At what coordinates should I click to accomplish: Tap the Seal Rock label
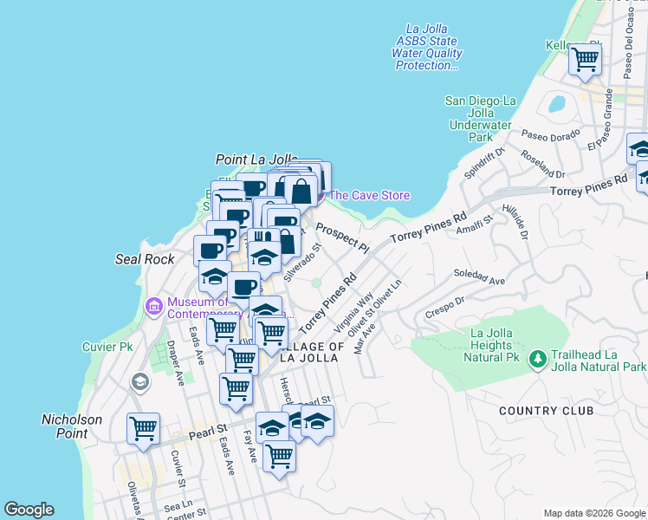[x=145, y=259]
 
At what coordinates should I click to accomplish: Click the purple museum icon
[x=155, y=306]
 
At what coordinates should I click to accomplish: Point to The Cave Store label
[x=369, y=196]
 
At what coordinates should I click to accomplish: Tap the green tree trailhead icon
[x=537, y=358]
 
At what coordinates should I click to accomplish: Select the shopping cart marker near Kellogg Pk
[x=585, y=60]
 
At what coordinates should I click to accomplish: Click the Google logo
[x=29, y=510]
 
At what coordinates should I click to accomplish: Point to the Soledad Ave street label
[x=479, y=278]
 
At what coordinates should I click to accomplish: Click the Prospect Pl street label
[x=342, y=237]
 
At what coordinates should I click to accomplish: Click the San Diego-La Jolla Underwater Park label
[x=481, y=119]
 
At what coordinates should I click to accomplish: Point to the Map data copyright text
[x=594, y=513]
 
